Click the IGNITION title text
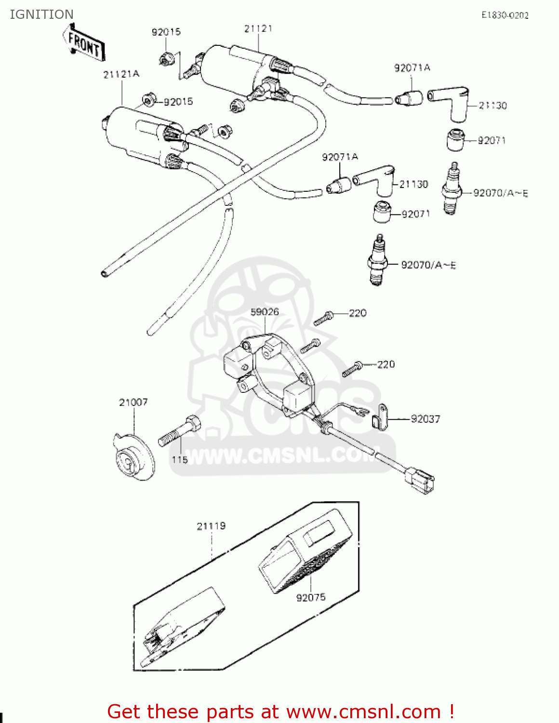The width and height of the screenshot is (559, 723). [41, 14]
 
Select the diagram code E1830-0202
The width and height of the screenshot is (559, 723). [505, 15]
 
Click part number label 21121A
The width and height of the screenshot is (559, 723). [121, 74]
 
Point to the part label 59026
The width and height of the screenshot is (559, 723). [265, 312]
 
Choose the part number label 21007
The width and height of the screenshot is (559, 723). [133, 402]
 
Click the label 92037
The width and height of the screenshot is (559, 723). [425, 419]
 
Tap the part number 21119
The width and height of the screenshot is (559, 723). [211, 526]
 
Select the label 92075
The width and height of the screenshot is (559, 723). [311, 597]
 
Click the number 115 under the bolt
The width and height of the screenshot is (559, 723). [179, 459]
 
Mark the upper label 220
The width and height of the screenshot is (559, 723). [358, 313]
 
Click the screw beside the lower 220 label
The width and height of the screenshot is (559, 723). [352, 369]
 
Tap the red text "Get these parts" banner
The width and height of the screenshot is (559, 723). [280, 711]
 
